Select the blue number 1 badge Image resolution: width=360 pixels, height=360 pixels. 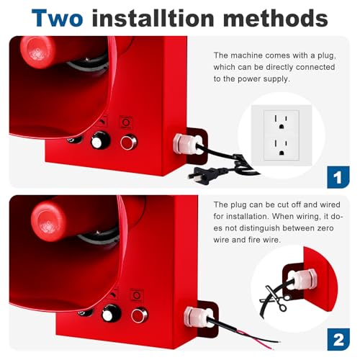[338, 176]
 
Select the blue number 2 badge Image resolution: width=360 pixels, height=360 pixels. [338, 338]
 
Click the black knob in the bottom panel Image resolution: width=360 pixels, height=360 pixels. [110, 313]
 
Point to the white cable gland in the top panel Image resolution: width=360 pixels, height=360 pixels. [179, 145]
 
